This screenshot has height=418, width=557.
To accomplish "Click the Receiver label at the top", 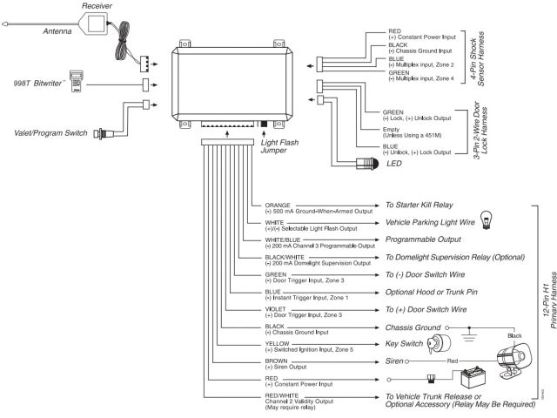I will (97, 7).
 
